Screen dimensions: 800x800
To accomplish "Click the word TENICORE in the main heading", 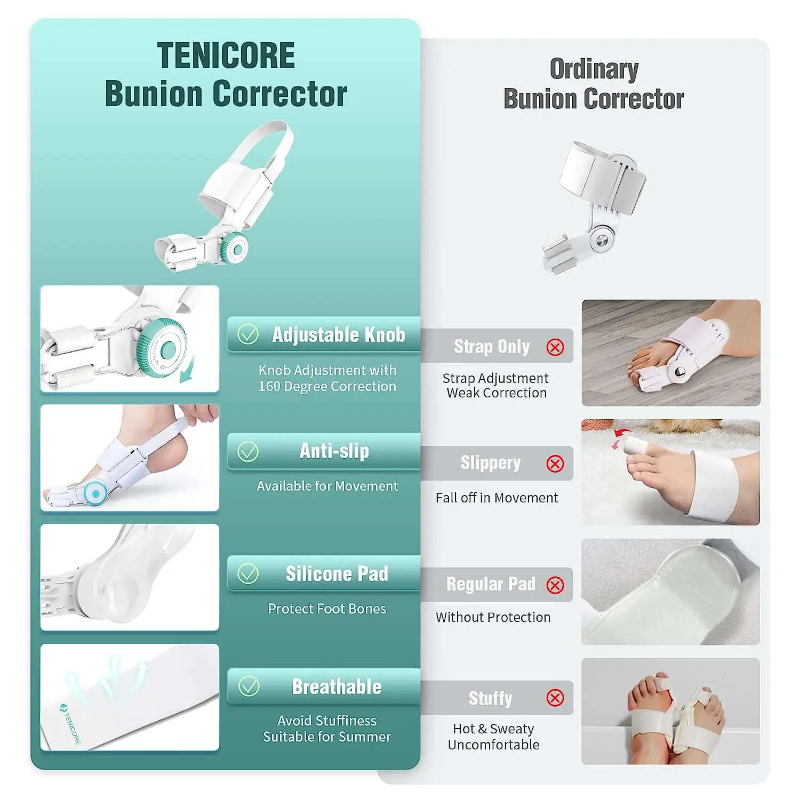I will (x=226, y=55).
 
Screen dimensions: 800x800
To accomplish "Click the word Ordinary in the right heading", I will (x=594, y=69).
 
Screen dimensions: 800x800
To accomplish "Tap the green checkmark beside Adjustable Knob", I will (x=248, y=335).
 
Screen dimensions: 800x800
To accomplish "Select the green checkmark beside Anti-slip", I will (x=248, y=452).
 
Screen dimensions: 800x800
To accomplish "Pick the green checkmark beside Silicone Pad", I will (x=248, y=574).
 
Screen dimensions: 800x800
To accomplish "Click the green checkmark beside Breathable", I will (x=249, y=686).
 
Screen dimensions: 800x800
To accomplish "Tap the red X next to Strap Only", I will (x=555, y=348).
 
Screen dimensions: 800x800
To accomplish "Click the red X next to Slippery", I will (x=555, y=463).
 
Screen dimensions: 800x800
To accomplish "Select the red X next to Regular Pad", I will (x=555, y=585).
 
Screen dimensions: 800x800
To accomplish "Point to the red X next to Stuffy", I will (x=555, y=698).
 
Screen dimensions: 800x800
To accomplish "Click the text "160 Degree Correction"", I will (x=327, y=386).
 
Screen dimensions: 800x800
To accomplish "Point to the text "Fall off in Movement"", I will (x=497, y=498).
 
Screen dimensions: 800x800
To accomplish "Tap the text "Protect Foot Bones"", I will (x=327, y=609).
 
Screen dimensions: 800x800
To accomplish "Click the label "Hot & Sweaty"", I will (x=493, y=729).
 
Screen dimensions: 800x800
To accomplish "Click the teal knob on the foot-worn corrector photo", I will (x=96, y=493).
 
